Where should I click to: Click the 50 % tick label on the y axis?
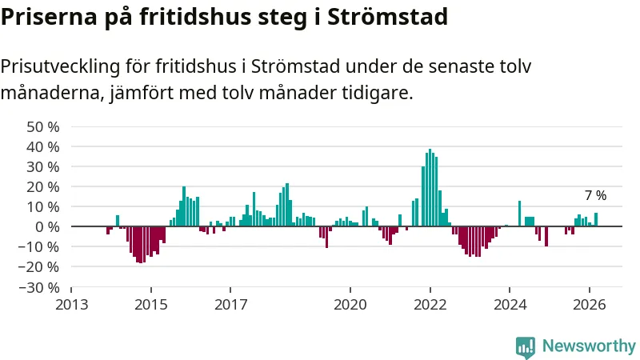click(43, 126)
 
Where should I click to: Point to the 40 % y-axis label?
click(43, 146)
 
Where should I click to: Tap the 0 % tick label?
click(47, 226)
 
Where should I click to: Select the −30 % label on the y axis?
click(40, 286)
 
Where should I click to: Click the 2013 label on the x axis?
click(71, 304)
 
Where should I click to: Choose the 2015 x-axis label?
click(151, 304)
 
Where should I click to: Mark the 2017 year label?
click(230, 304)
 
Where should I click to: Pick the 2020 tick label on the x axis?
click(350, 304)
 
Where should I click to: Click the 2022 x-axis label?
click(430, 304)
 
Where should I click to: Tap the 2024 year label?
click(510, 304)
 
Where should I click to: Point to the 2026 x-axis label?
click(590, 304)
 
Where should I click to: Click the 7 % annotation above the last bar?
click(595, 195)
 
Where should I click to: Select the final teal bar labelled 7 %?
click(596, 219)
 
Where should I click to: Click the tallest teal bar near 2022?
click(430, 188)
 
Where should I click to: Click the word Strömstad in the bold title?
click(386, 16)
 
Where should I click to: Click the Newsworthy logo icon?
click(526, 346)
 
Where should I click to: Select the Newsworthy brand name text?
click(589, 346)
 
